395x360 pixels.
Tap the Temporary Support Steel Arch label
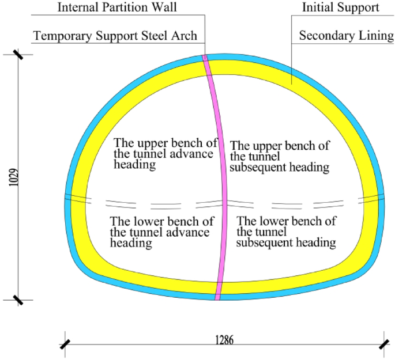115,36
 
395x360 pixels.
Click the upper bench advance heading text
164,154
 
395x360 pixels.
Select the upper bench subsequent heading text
280,157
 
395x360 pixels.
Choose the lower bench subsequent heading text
287,232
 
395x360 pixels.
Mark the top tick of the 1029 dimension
18,56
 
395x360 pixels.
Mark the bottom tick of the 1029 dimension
18,300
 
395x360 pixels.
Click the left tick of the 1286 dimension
65,344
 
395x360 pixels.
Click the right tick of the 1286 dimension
383,344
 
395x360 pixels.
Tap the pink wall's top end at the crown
205,58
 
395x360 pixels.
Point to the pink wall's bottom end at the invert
218,297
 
